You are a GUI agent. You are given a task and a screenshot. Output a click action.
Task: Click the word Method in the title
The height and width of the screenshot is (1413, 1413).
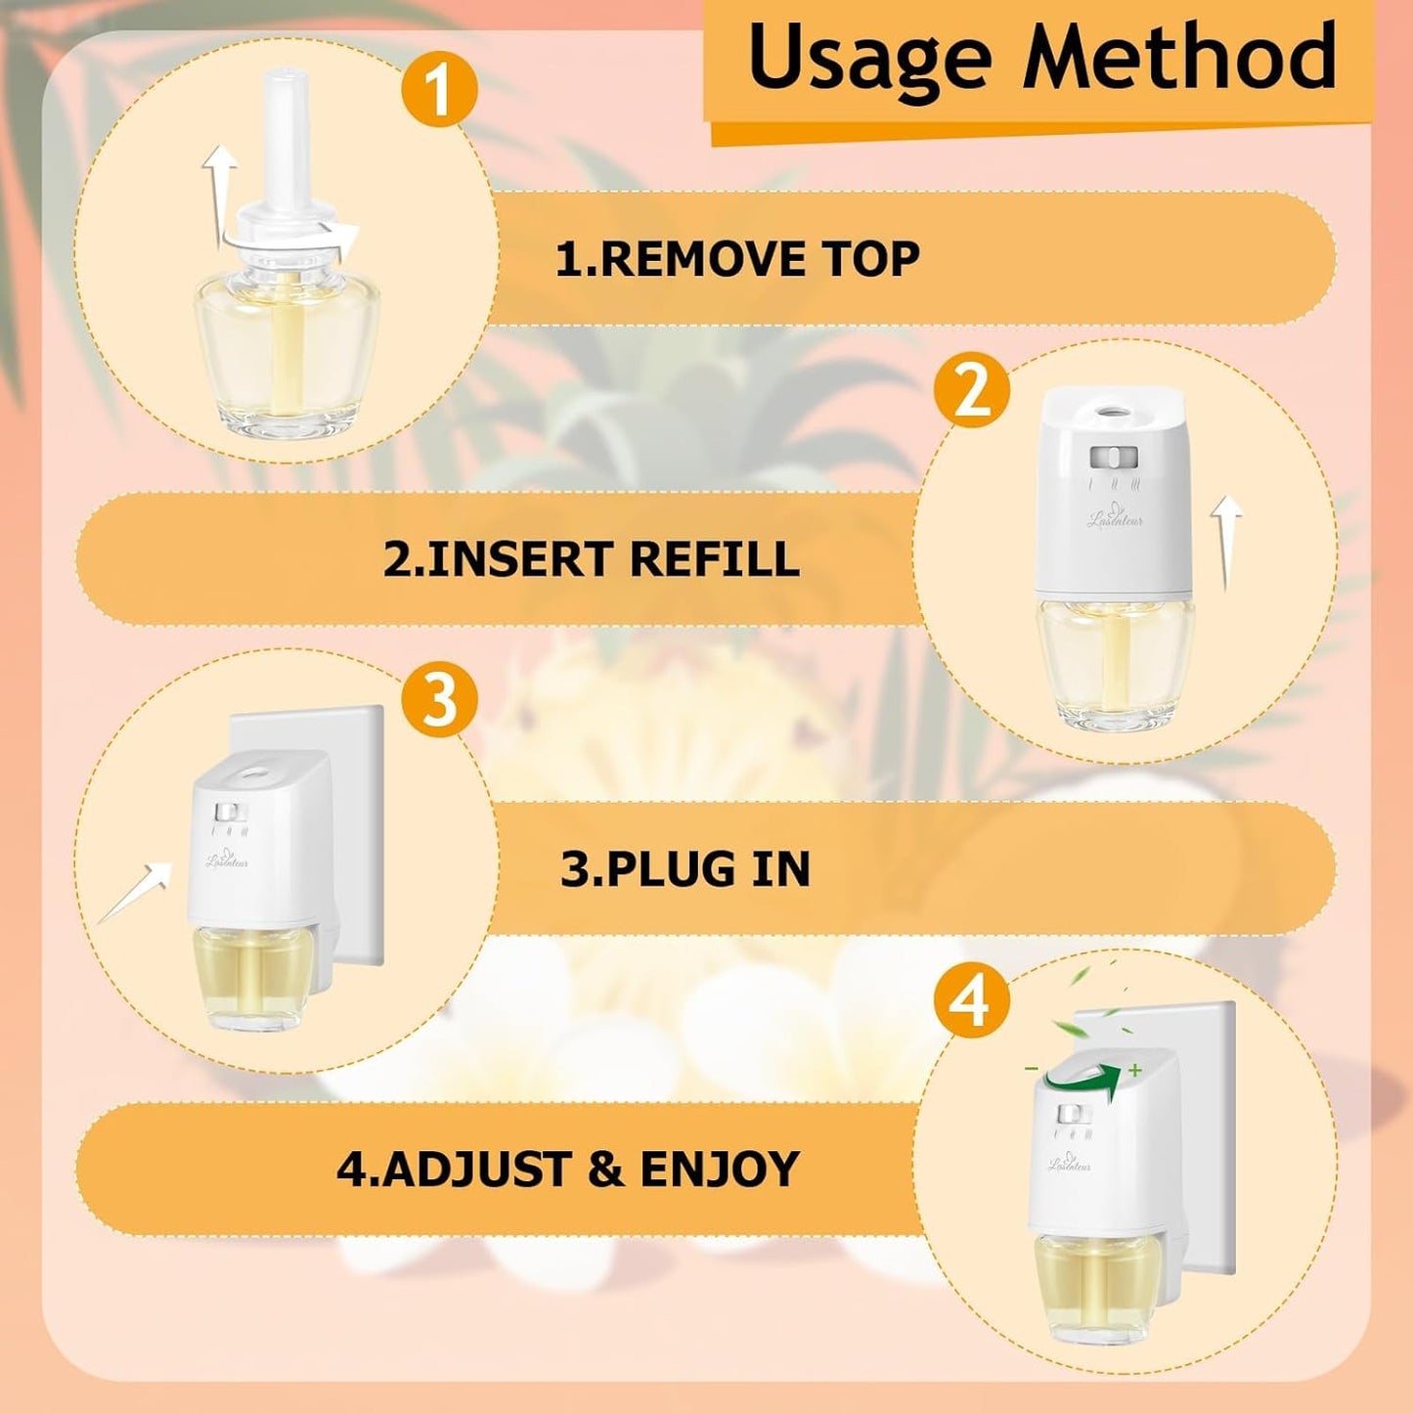1178,56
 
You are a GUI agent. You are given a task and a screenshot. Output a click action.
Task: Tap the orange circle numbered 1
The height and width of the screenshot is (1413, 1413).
439,90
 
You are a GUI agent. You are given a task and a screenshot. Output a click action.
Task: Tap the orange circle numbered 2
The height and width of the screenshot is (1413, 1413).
971,392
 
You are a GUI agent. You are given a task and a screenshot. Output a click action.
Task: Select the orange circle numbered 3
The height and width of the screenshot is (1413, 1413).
440,700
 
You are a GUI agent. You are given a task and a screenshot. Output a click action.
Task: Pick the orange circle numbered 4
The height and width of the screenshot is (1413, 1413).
970,1002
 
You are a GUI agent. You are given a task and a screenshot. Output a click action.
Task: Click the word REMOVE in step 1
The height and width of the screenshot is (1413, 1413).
702,259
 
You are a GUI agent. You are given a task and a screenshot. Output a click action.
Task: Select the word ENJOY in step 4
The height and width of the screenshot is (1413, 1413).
720,1170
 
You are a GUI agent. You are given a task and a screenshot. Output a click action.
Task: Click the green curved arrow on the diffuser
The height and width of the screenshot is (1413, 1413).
1081,1078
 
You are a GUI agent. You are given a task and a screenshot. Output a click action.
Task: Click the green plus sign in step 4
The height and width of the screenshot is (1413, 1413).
1134,1070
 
